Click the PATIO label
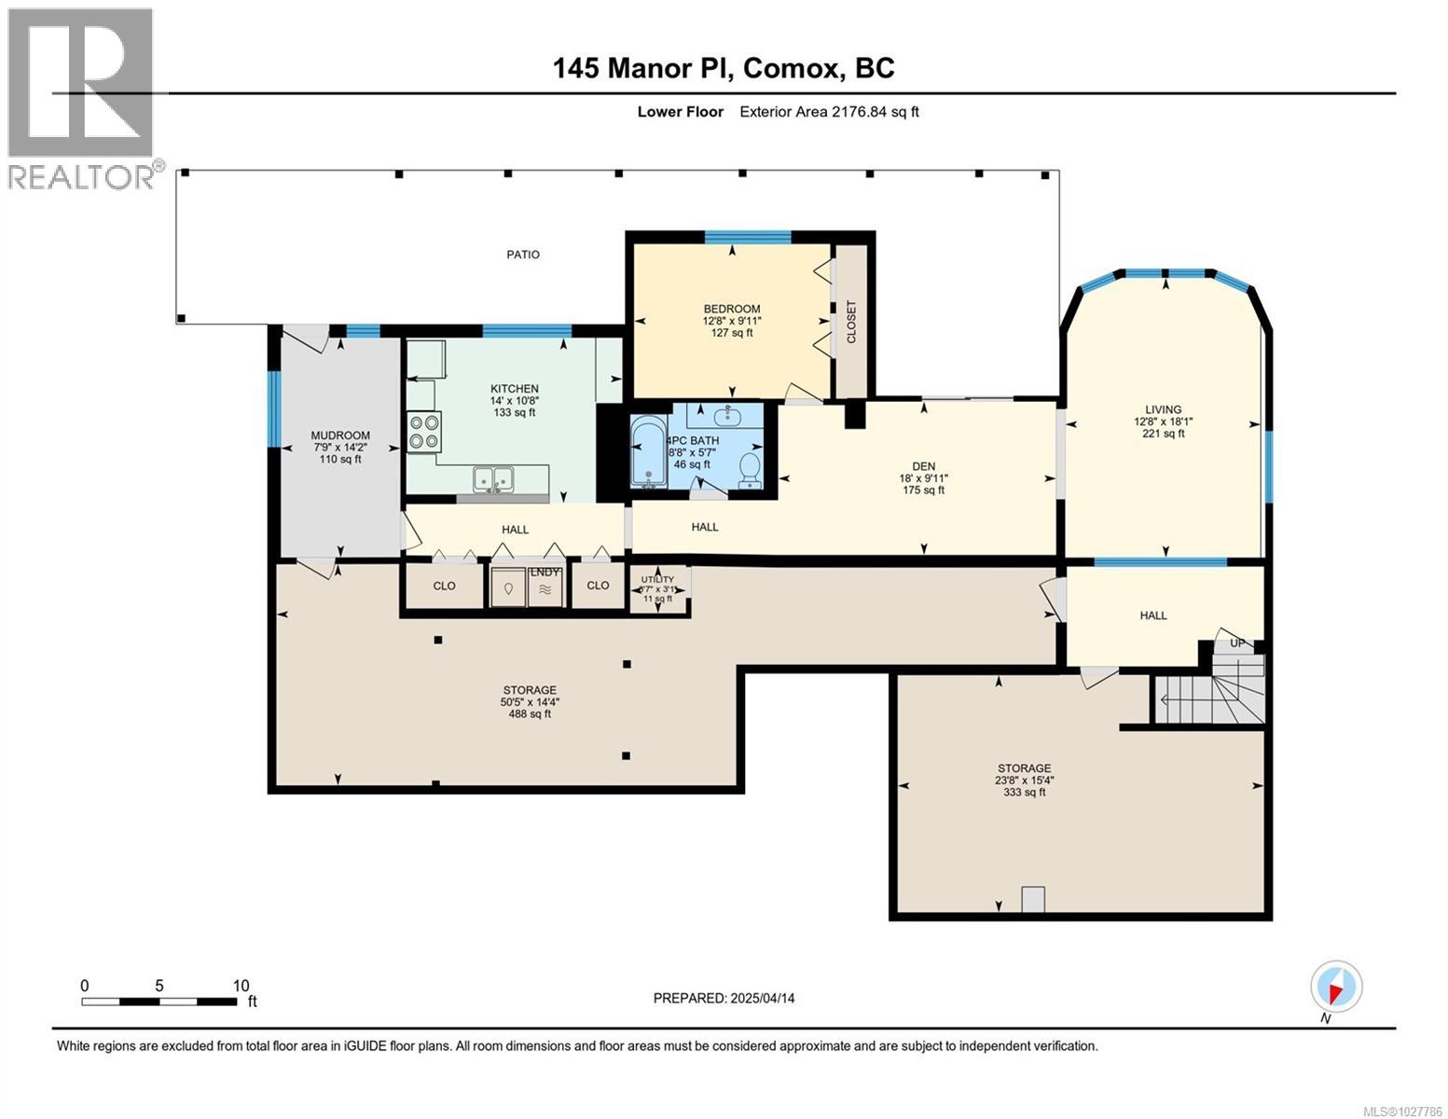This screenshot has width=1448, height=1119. pos(522,255)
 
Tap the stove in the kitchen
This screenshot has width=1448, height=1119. pos(423,432)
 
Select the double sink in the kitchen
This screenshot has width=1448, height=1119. pos(493,478)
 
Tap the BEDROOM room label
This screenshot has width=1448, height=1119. pos(731,309)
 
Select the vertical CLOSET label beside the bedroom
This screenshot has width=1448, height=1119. pos(850,322)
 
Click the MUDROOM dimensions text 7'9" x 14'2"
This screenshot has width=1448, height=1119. pos(340,447)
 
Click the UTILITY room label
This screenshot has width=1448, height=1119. pos(657,579)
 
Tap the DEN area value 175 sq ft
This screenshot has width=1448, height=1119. pos(923,490)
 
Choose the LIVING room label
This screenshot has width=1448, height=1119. pos(1163,409)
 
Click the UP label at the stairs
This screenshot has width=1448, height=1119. pos(1237,643)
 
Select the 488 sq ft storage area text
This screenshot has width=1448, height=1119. pos(529,714)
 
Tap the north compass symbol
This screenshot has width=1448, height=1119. pos(1336,987)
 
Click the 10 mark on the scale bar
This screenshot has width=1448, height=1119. pos(241,986)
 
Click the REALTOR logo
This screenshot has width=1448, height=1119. pos(81,98)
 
